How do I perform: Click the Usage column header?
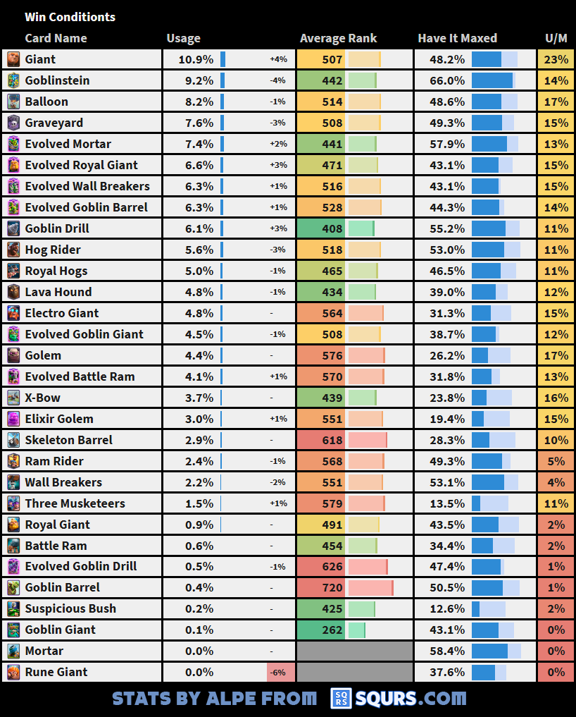pos(183,39)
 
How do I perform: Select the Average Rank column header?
pos(338,39)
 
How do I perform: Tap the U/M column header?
pos(556,39)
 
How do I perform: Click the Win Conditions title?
pos(70,17)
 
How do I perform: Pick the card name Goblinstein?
pos(57,80)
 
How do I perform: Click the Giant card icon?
pos(13,59)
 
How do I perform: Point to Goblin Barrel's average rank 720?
pos(332,587)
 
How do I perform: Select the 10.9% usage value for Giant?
pos(196,59)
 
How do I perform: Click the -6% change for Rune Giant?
pos(280,672)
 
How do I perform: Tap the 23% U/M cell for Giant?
pos(556,59)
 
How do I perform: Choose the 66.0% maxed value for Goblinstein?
pos(447,80)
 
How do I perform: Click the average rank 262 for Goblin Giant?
pos(332,630)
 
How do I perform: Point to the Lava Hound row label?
pos(58,292)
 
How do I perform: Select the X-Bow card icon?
pos(13,398)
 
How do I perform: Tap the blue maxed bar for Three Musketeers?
pos(476,503)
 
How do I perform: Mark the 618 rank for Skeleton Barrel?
pos(332,440)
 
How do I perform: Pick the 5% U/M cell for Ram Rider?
pos(556,461)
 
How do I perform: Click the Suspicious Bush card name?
pos(70,608)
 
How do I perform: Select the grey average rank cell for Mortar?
pos(354,651)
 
